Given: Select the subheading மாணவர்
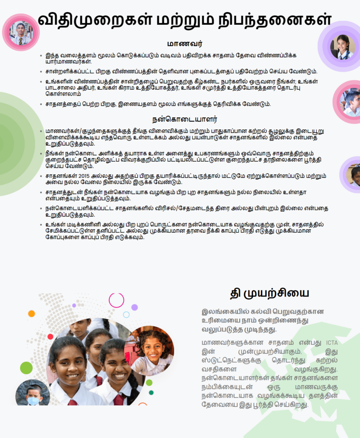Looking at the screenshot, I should click(x=185, y=44).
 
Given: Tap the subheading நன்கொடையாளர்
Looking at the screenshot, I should click(x=185, y=119).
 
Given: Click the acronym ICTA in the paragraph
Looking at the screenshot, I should click(x=332, y=343).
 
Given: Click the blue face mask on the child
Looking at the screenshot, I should click(x=33, y=400).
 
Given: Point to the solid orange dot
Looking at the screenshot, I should click(x=31, y=314).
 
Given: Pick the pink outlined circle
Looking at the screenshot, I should click(x=116, y=300).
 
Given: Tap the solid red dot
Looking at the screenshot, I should click(x=50, y=337).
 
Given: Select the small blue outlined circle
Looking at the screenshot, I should click(x=126, y=315).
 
